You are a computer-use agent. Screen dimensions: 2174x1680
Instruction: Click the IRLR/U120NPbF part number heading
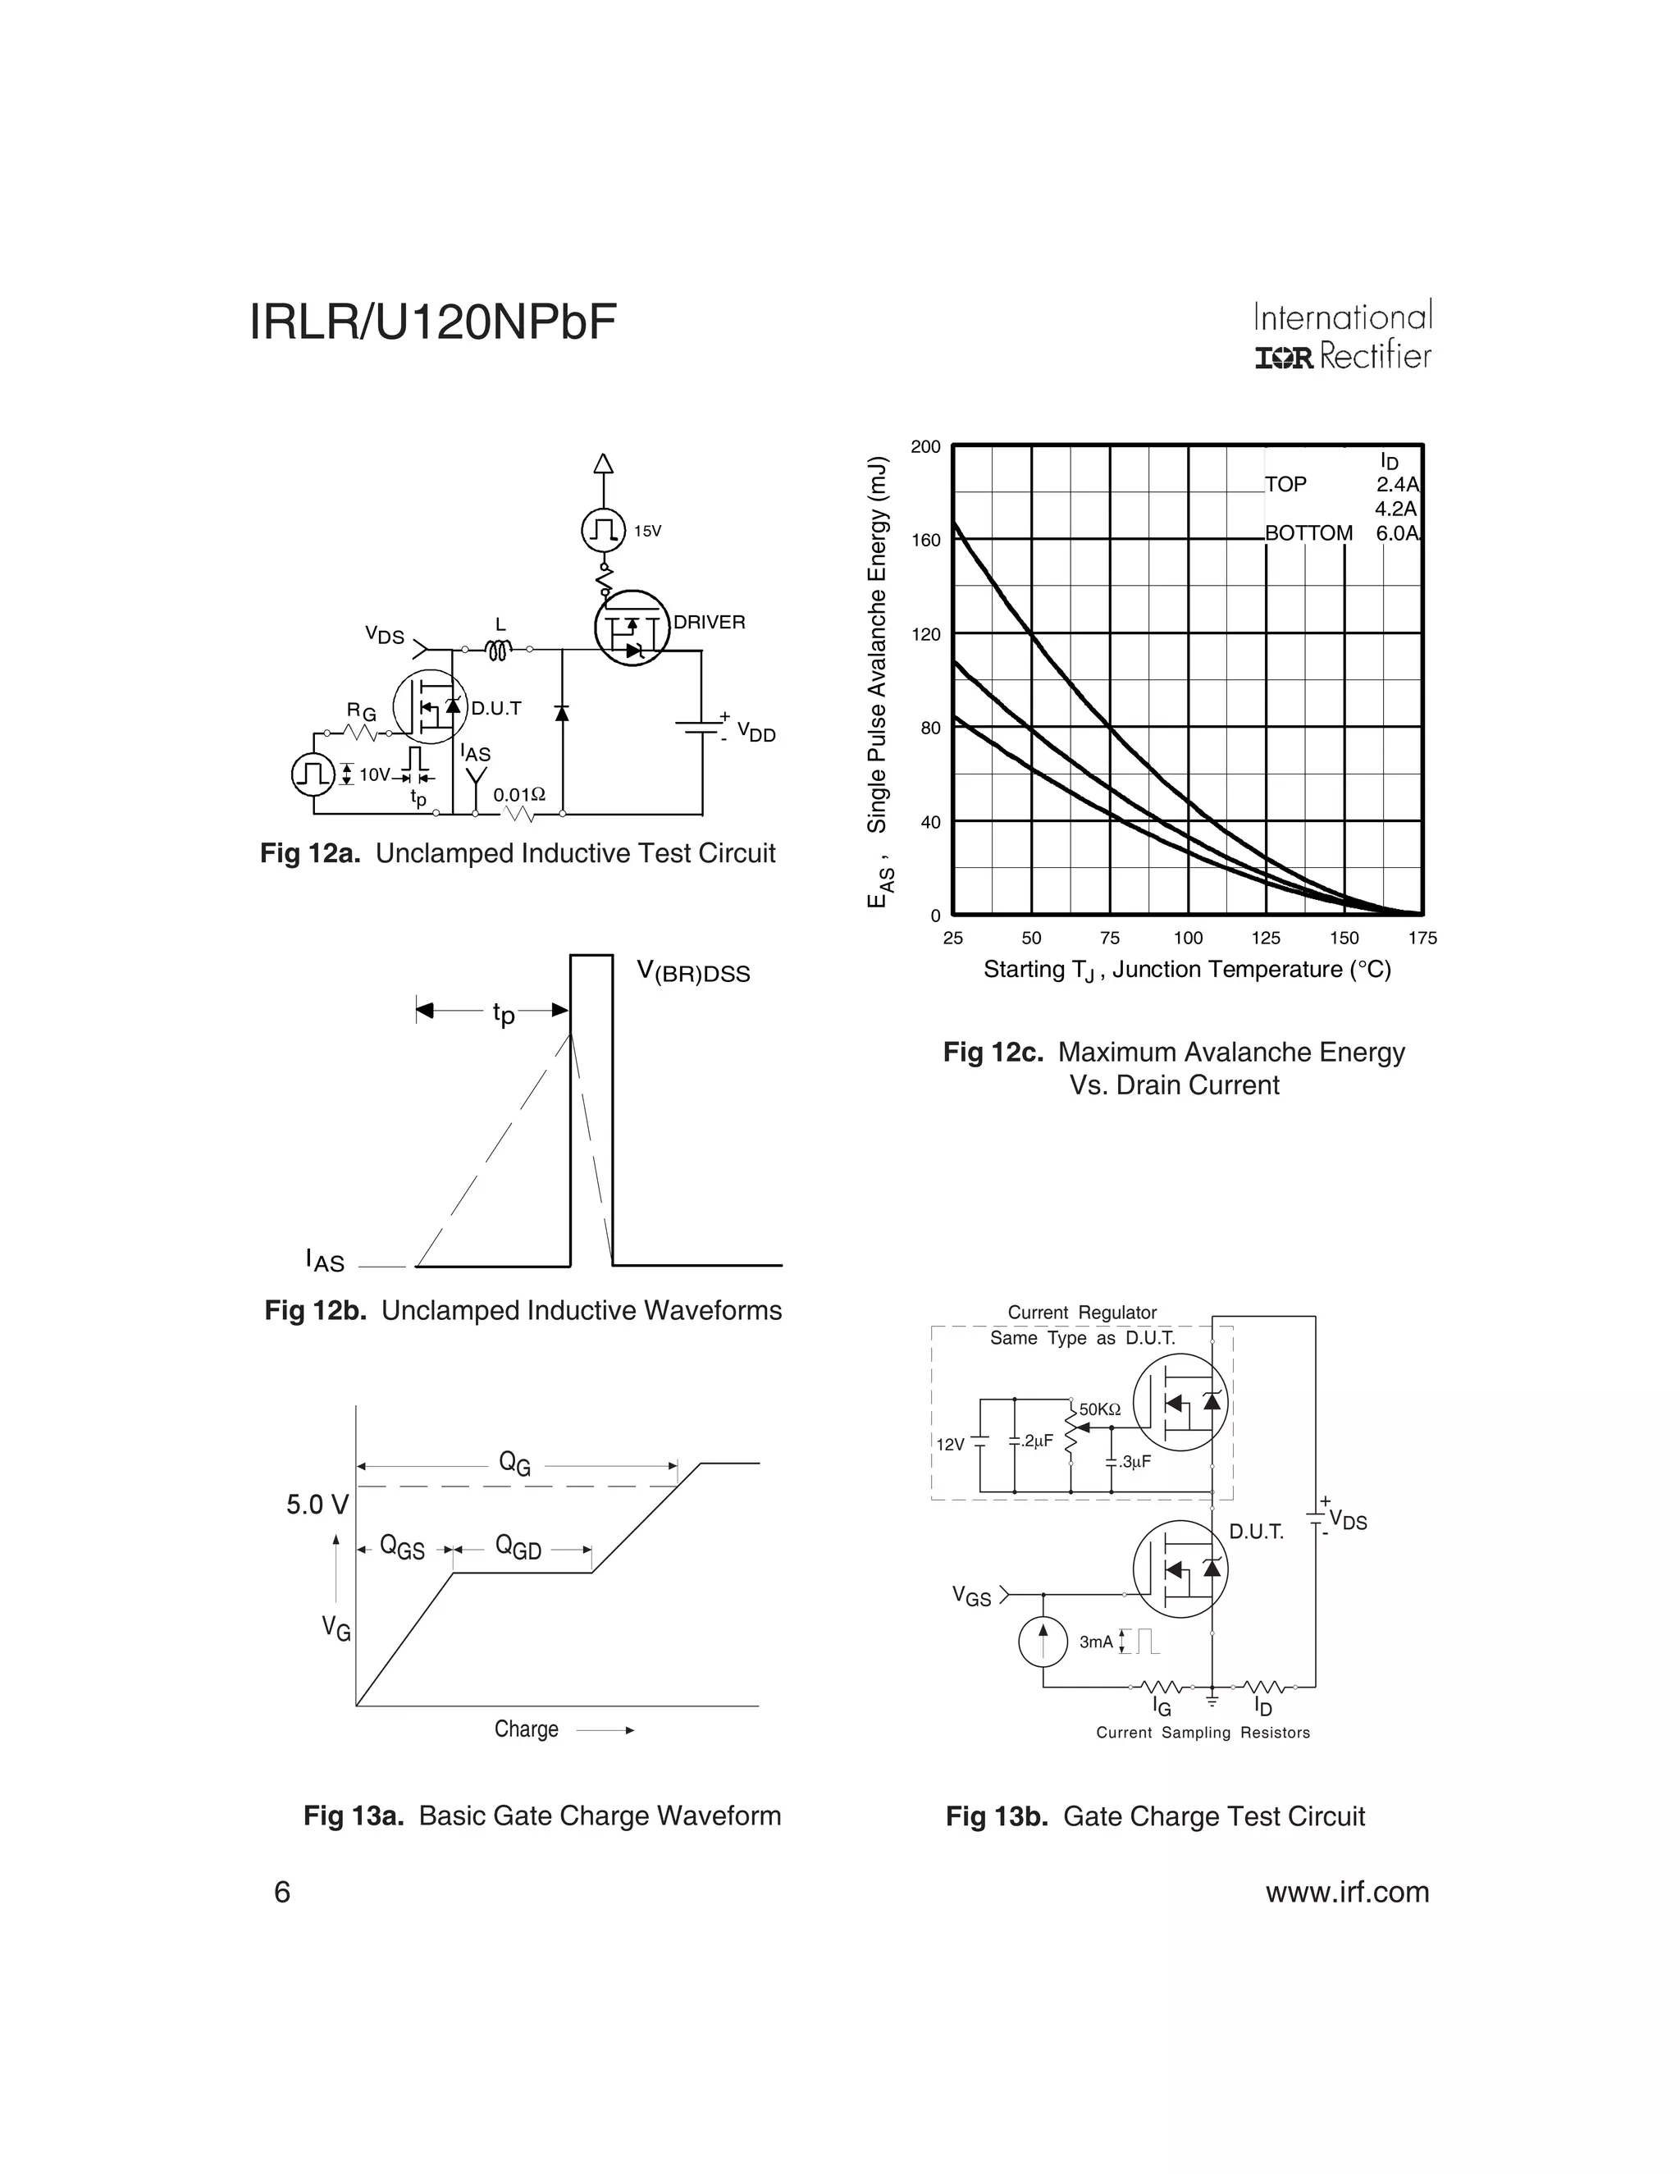433,322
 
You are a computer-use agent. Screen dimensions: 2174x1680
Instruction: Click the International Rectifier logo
1343,336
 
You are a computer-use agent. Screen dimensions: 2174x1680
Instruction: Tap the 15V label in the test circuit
647,532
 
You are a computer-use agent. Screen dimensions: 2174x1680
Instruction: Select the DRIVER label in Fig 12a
709,622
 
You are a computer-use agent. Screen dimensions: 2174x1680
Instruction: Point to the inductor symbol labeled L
499,650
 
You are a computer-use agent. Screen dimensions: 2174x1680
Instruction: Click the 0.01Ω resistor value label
519,795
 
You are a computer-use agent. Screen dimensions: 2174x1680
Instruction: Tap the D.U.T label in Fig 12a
495,709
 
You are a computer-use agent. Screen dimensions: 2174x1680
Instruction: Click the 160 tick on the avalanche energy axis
925,541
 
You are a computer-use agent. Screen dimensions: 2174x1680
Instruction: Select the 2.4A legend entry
1396,485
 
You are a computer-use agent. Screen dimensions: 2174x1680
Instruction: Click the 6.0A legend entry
1396,533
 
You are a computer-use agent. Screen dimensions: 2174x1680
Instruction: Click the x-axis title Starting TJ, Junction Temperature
1186,970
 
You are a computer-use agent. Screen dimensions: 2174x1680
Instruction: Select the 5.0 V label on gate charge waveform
317,1505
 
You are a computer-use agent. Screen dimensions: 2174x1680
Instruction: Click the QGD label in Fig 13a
518,1548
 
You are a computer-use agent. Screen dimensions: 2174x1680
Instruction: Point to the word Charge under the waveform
526,1729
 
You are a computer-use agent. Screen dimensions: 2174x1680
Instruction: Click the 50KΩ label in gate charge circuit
1100,1409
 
